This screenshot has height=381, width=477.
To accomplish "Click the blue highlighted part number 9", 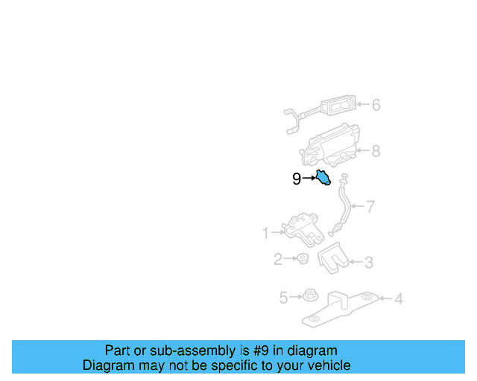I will click(323, 178).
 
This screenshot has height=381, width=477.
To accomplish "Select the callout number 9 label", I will click(297, 179).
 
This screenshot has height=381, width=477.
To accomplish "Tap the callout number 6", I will click(376, 105).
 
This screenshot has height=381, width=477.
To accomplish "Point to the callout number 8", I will click(376, 152).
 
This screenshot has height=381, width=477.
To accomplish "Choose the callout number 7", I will click(371, 206).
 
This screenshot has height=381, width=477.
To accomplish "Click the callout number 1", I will click(265, 234).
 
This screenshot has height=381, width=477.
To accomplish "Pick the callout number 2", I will click(278, 260).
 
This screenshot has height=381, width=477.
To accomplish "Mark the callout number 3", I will click(369, 262).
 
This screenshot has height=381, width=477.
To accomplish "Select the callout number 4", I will click(399, 299).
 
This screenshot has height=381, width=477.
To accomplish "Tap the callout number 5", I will click(284, 298).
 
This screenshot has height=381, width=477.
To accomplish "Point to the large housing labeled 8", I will click(332, 147).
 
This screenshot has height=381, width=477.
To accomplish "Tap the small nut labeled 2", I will click(303, 259).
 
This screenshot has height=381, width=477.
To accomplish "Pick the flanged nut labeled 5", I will click(307, 296).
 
